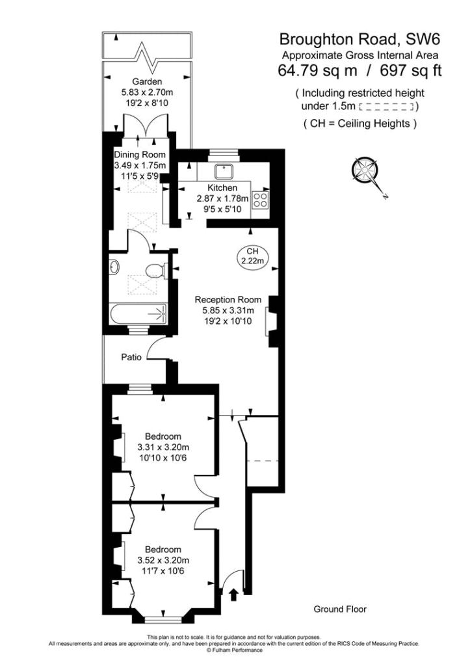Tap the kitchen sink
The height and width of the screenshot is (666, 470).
(225, 171)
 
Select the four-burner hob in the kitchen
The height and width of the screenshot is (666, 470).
(261, 200)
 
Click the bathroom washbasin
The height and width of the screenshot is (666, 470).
(114, 267)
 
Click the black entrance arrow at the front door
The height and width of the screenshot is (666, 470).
(233, 593)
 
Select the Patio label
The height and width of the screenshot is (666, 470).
(132, 357)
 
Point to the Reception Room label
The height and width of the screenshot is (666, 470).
(228, 300)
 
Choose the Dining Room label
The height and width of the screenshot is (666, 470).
(140, 155)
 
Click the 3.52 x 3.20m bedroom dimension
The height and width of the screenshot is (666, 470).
(163, 560)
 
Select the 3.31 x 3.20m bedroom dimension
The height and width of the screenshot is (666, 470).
(163, 447)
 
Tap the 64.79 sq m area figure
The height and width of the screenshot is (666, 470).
(315, 70)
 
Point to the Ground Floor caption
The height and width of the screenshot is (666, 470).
(340, 609)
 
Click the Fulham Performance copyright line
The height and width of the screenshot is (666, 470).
(235, 650)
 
